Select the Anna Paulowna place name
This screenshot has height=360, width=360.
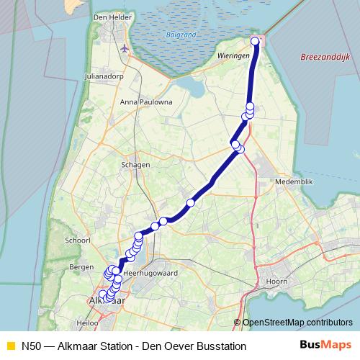point(146,102)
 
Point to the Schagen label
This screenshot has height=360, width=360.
point(136,164)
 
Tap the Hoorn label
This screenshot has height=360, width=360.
point(277,281)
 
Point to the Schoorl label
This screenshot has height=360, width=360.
point(77,240)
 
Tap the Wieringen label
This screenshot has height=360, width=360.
point(232,54)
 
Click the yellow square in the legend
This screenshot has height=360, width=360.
point(9,346)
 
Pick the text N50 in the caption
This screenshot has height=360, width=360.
point(31,346)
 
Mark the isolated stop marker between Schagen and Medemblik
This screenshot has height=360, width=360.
point(190,202)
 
